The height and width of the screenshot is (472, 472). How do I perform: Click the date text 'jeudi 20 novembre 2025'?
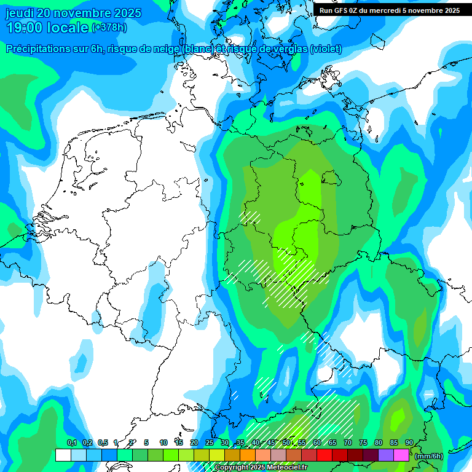[73, 13]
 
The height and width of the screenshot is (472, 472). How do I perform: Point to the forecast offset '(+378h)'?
[110, 28]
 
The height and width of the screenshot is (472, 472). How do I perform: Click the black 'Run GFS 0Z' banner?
[390, 10]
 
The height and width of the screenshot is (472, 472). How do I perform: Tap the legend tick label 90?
[409, 443]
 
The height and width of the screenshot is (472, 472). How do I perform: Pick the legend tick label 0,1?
[71, 443]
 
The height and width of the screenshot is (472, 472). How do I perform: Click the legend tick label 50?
[286, 443]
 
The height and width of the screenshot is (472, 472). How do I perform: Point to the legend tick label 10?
[163, 443]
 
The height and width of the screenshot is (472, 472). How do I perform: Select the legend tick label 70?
[347, 443]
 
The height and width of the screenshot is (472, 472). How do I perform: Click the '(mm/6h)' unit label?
[430, 456]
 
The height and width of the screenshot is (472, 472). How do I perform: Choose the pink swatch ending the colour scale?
[401, 455]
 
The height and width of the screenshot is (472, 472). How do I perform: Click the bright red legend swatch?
[324, 455]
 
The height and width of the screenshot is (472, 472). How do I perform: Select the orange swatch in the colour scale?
[247, 455]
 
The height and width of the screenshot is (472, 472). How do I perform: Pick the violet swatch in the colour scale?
[385, 455]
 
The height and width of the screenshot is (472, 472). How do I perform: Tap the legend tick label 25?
[209, 443]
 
